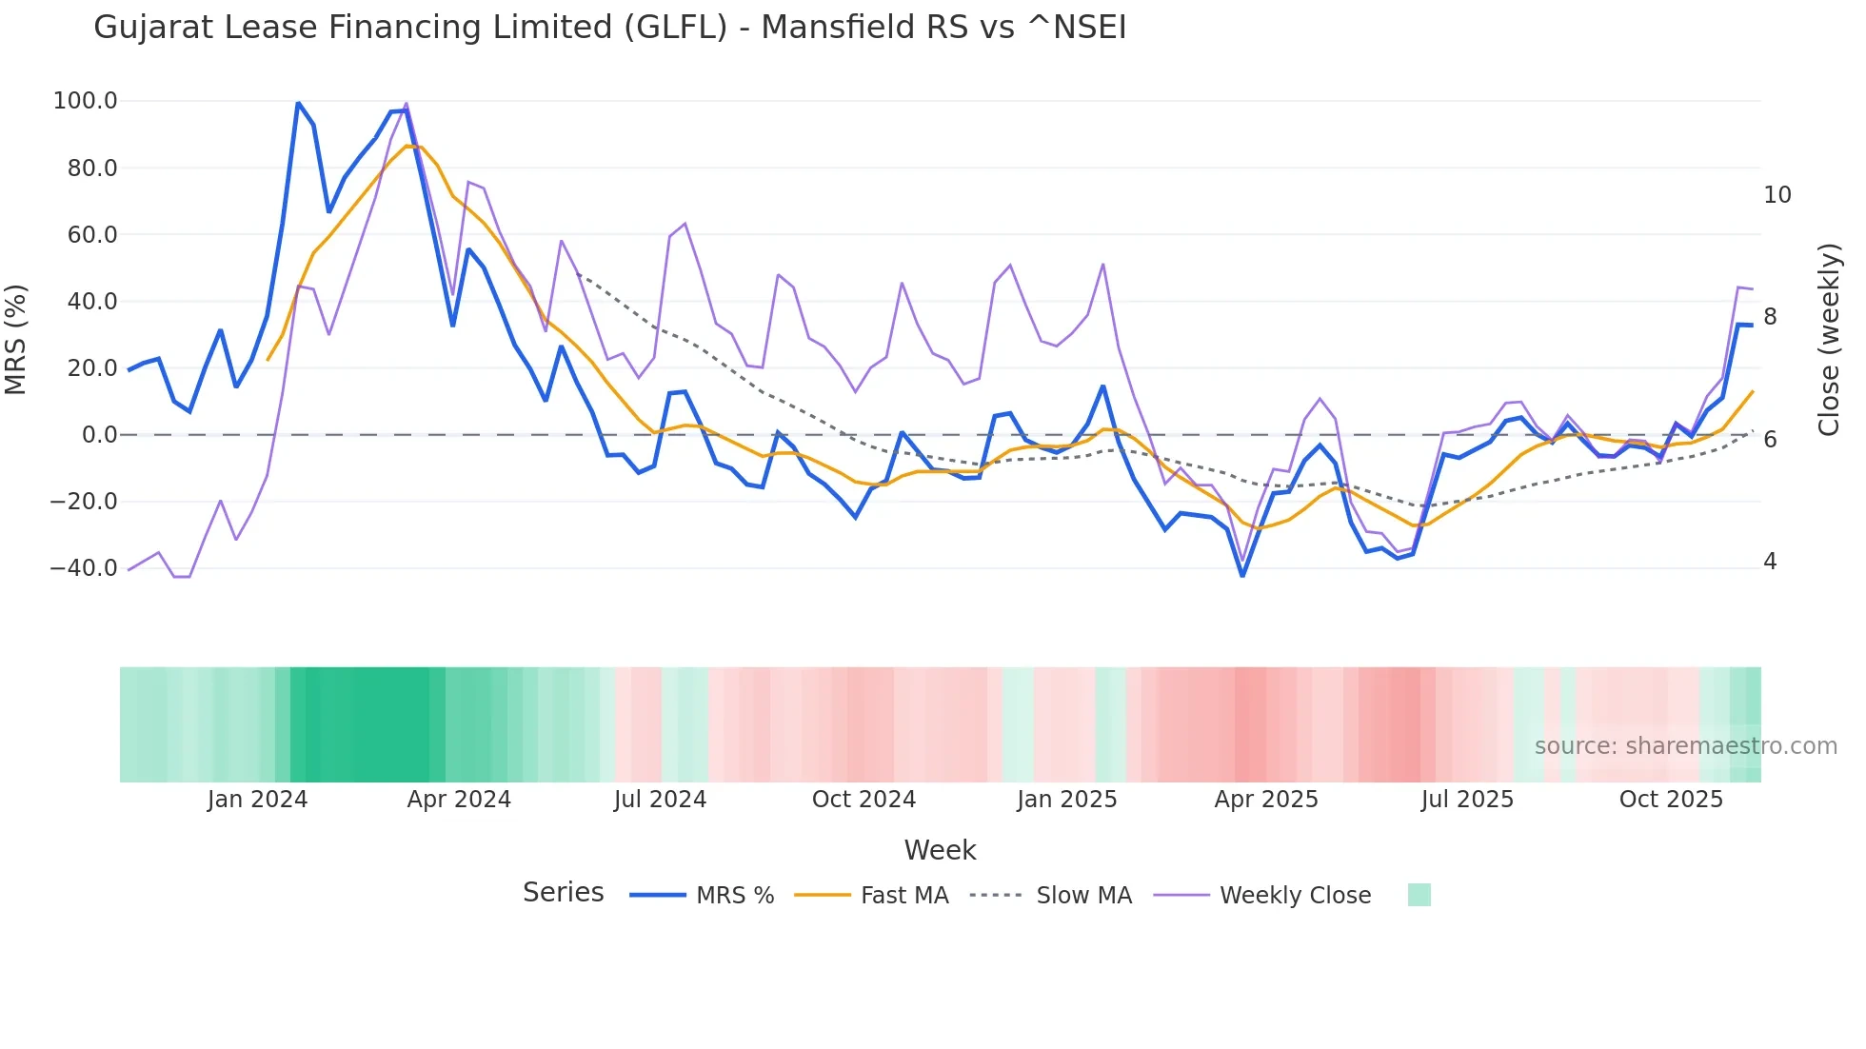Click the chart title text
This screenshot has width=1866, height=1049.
tap(609, 28)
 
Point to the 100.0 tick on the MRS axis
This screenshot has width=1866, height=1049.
tap(85, 101)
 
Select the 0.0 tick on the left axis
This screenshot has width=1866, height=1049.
tap(99, 435)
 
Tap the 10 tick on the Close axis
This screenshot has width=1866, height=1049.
tap(1777, 195)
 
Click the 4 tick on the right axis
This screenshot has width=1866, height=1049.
tap(1769, 562)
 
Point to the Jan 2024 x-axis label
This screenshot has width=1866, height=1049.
tap(257, 800)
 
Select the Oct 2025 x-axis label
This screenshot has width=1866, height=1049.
tap(1671, 800)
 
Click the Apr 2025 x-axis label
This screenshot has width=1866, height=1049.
tap(1265, 800)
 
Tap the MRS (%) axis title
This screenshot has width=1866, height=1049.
tap(16, 339)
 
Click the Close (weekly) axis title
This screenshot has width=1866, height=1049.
tap(1828, 339)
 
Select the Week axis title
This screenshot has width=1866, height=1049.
tap(940, 850)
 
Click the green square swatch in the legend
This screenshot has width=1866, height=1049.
tap(1419, 895)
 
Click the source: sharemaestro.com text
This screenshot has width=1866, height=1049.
tap(1685, 746)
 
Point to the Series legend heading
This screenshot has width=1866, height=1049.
tap(563, 893)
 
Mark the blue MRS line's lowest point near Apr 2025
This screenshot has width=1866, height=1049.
tap(1242, 575)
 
